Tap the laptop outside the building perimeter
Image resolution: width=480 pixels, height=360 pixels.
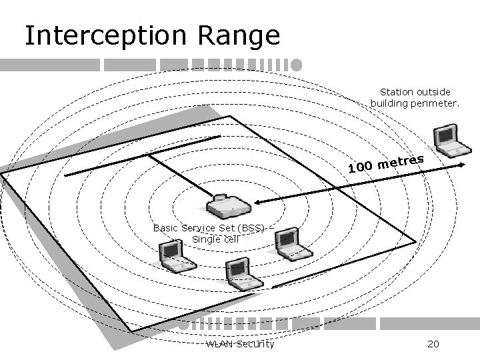[445, 141]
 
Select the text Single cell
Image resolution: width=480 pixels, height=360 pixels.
[215, 239]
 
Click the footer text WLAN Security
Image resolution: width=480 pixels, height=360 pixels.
[239, 344]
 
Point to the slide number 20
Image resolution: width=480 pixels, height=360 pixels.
[432, 344]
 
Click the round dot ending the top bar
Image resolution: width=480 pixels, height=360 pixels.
[297, 65]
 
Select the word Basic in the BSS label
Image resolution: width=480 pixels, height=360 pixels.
[166, 227]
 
